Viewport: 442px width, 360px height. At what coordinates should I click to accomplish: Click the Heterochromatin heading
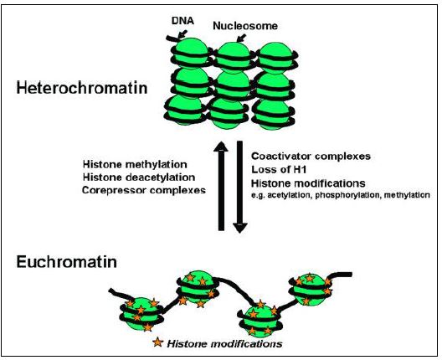point(82,88)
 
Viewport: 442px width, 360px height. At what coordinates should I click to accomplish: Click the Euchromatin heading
point(66,261)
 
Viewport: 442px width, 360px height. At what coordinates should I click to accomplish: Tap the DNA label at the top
point(182,20)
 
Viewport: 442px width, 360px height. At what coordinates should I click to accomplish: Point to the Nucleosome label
point(245,26)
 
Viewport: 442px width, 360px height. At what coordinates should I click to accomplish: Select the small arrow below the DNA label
point(182,34)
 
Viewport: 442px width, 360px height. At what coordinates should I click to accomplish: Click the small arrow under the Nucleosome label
point(241,38)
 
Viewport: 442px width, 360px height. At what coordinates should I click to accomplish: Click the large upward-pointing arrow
point(221,186)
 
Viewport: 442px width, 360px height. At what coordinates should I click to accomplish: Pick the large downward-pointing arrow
point(240,187)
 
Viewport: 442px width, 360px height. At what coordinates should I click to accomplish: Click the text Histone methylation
point(135,164)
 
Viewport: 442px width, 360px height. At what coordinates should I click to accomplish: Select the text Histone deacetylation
point(139,177)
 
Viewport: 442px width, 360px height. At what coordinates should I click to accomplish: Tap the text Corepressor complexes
point(144,190)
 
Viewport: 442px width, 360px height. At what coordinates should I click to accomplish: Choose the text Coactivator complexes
point(311,156)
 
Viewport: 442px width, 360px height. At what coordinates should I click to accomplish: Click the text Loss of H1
point(279,169)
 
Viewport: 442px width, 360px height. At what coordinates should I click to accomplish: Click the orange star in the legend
point(158,342)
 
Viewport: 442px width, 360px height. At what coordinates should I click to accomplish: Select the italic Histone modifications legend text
point(224,344)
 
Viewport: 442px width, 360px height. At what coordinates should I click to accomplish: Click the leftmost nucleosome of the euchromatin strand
point(141,314)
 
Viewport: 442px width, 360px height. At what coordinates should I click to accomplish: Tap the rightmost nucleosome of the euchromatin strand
point(311,290)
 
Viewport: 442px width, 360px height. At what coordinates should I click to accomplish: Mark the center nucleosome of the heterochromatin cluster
point(233,86)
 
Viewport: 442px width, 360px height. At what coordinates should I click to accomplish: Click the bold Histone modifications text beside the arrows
point(308,183)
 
